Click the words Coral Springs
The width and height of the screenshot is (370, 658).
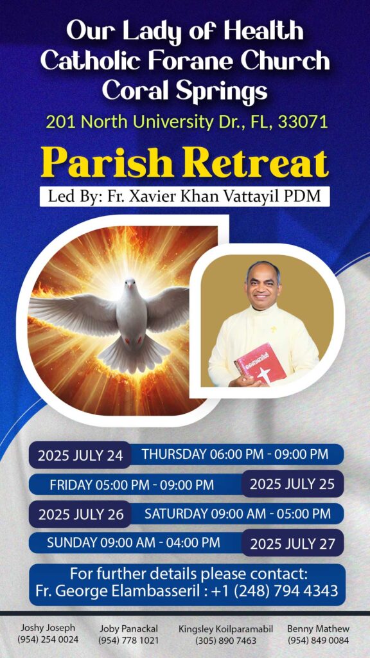(185, 89)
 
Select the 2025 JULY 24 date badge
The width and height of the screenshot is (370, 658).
(80, 456)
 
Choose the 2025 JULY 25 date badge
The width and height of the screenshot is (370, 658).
(292, 485)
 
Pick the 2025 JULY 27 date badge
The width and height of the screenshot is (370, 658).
(292, 544)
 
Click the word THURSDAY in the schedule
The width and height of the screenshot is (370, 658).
(173, 454)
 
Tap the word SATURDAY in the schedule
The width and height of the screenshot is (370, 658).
(176, 513)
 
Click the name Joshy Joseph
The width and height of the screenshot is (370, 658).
(48, 628)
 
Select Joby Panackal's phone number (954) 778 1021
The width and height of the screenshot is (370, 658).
(128, 641)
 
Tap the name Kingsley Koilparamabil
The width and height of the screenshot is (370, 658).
(225, 629)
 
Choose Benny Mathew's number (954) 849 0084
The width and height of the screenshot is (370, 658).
(318, 641)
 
